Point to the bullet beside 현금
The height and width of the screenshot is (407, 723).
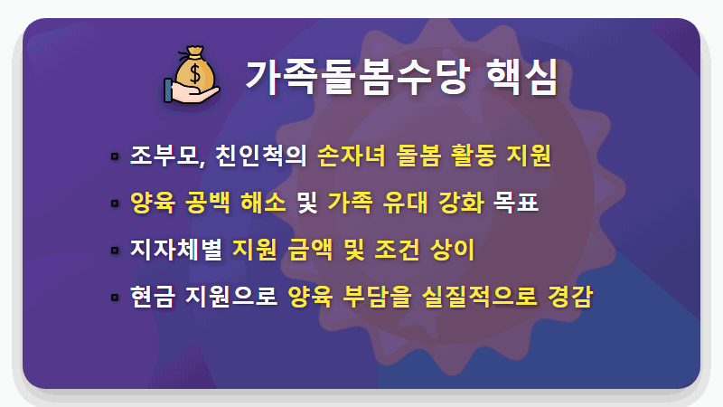(x=115, y=297)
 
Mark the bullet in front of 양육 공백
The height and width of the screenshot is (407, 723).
(x=115, y=203)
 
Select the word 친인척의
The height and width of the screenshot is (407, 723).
(x=261, y=156)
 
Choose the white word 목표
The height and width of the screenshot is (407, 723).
(x=516, y=203)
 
